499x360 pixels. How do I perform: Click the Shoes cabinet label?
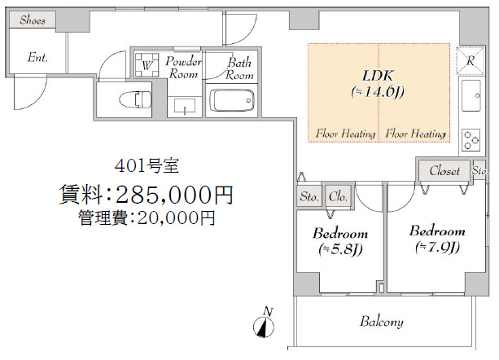[x=33, y=20]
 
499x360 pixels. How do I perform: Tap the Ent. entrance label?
[x=37, y=58]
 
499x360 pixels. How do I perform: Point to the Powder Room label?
[x=184, y=68]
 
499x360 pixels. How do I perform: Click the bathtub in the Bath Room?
[x=232, y=101]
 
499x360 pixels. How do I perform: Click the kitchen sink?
[x=471, y=99]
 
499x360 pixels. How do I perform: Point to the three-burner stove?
[x=471, y=139]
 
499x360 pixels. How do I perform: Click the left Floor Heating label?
[x=345, y=134]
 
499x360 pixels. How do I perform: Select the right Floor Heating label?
[x=415, y=134]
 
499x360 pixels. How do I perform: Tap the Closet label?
[x=444, y=171]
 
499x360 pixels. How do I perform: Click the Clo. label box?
[x=338, y=196]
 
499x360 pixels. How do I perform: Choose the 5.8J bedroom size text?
[x=340, y=248]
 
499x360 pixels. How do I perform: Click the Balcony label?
[x=381, y=322]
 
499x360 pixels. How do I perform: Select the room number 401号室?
[x=147, y=166]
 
